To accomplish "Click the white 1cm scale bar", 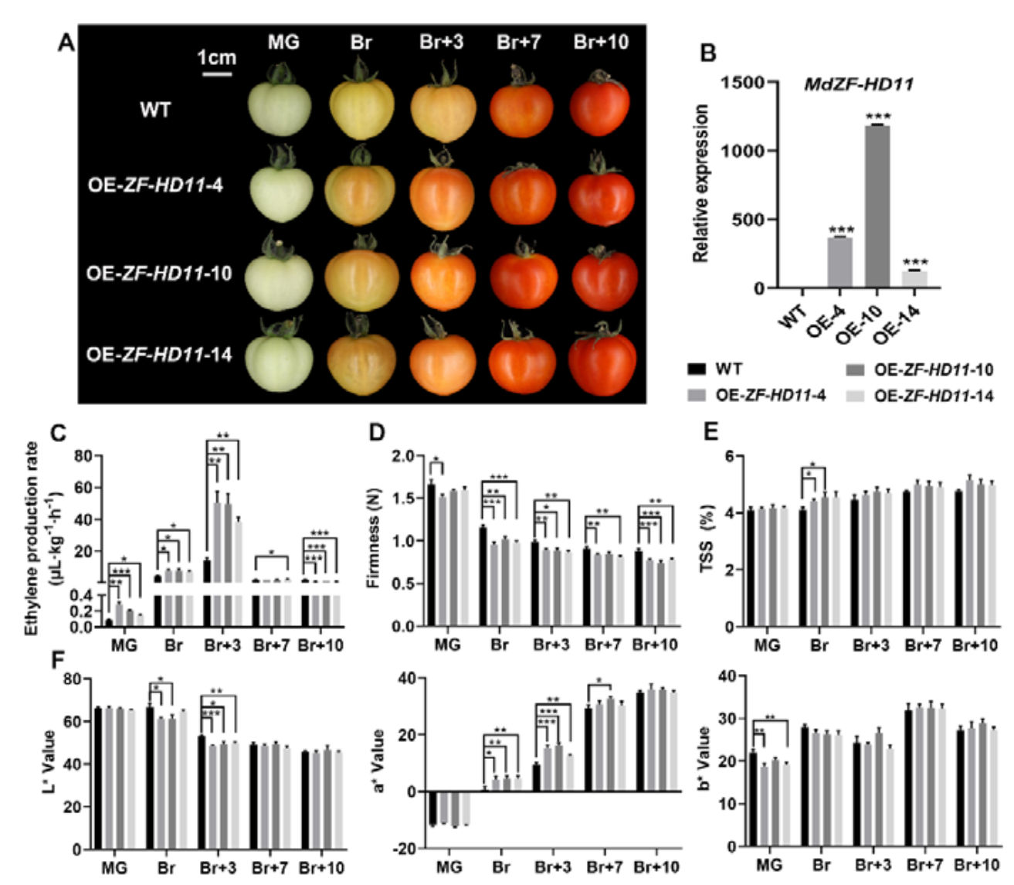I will point(217,75).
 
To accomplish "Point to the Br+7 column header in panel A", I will point(518,43).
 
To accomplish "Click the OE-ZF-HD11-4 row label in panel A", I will point(155,185).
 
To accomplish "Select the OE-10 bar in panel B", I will point(877,206).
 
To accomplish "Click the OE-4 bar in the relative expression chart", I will point(839,262).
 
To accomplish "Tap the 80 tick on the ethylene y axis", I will point(83,455).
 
